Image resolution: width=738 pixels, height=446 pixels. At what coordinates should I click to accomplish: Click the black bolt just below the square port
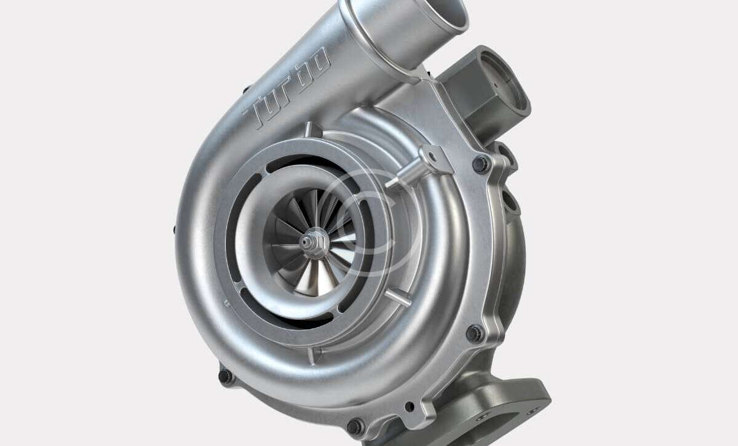click(x=482, y=164)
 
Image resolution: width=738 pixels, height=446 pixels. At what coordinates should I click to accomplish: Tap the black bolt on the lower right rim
click(x=475, y=333)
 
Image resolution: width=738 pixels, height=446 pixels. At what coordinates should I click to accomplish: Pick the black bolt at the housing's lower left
click(x=226, y=376)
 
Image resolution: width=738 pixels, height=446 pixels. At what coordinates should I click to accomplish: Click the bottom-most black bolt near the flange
click(x=356, y=426)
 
